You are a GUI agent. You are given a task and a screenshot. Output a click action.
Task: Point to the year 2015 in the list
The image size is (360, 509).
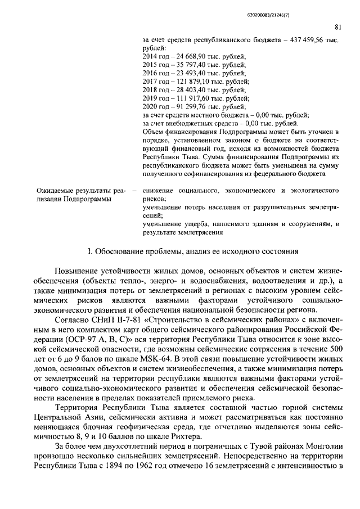click(151, 65)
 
